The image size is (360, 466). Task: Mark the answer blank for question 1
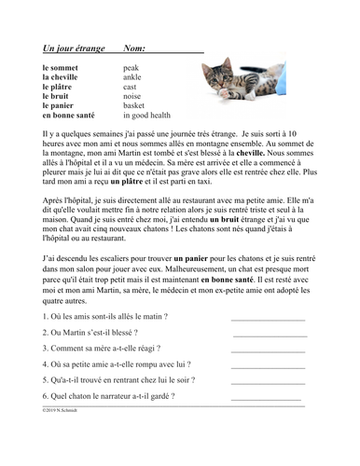[x=269, y=319]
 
